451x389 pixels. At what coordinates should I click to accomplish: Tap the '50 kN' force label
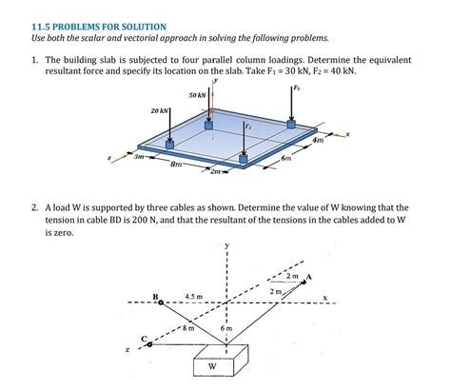(198, 96)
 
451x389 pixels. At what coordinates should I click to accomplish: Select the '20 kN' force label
(160, 112)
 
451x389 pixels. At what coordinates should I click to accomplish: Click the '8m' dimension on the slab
(175, 165)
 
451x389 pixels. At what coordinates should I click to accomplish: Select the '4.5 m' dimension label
(193, 297)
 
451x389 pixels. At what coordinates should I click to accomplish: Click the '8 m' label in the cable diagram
(189, 327)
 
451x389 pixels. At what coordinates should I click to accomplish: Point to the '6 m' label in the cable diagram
(225, 327)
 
